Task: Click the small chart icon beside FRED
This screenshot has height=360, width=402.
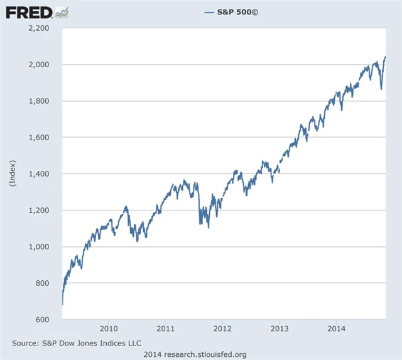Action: [x=62, y=12]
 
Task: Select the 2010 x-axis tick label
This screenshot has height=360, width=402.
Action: [x=109, y=329]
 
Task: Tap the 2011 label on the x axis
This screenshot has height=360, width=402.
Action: [x=165, y=329]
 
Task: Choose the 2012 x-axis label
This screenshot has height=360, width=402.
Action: [x=222, y=329]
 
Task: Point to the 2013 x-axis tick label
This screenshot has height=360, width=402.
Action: [x=280, y=329]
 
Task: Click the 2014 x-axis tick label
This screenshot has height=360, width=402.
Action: [x=336, y=329]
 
